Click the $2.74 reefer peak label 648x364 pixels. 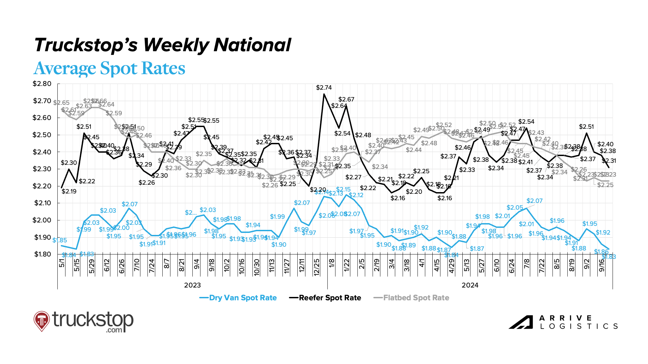point(324,88)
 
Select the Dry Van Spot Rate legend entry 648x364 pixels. point(238,298)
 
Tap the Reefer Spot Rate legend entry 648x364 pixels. point(325,298)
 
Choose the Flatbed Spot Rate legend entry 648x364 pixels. point(411,298)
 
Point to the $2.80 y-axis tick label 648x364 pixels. point(42,84)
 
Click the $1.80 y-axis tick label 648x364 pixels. point(42,254)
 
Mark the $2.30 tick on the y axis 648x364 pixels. point(42,169)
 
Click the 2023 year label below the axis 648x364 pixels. point(192,285)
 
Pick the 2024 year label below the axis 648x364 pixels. point(470,285)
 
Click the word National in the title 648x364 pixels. point(252,45)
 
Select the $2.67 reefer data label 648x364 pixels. point(346,99)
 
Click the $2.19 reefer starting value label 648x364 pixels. point(69,191)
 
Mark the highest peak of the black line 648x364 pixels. point(324,94)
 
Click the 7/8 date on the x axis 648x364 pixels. point(527,263)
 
